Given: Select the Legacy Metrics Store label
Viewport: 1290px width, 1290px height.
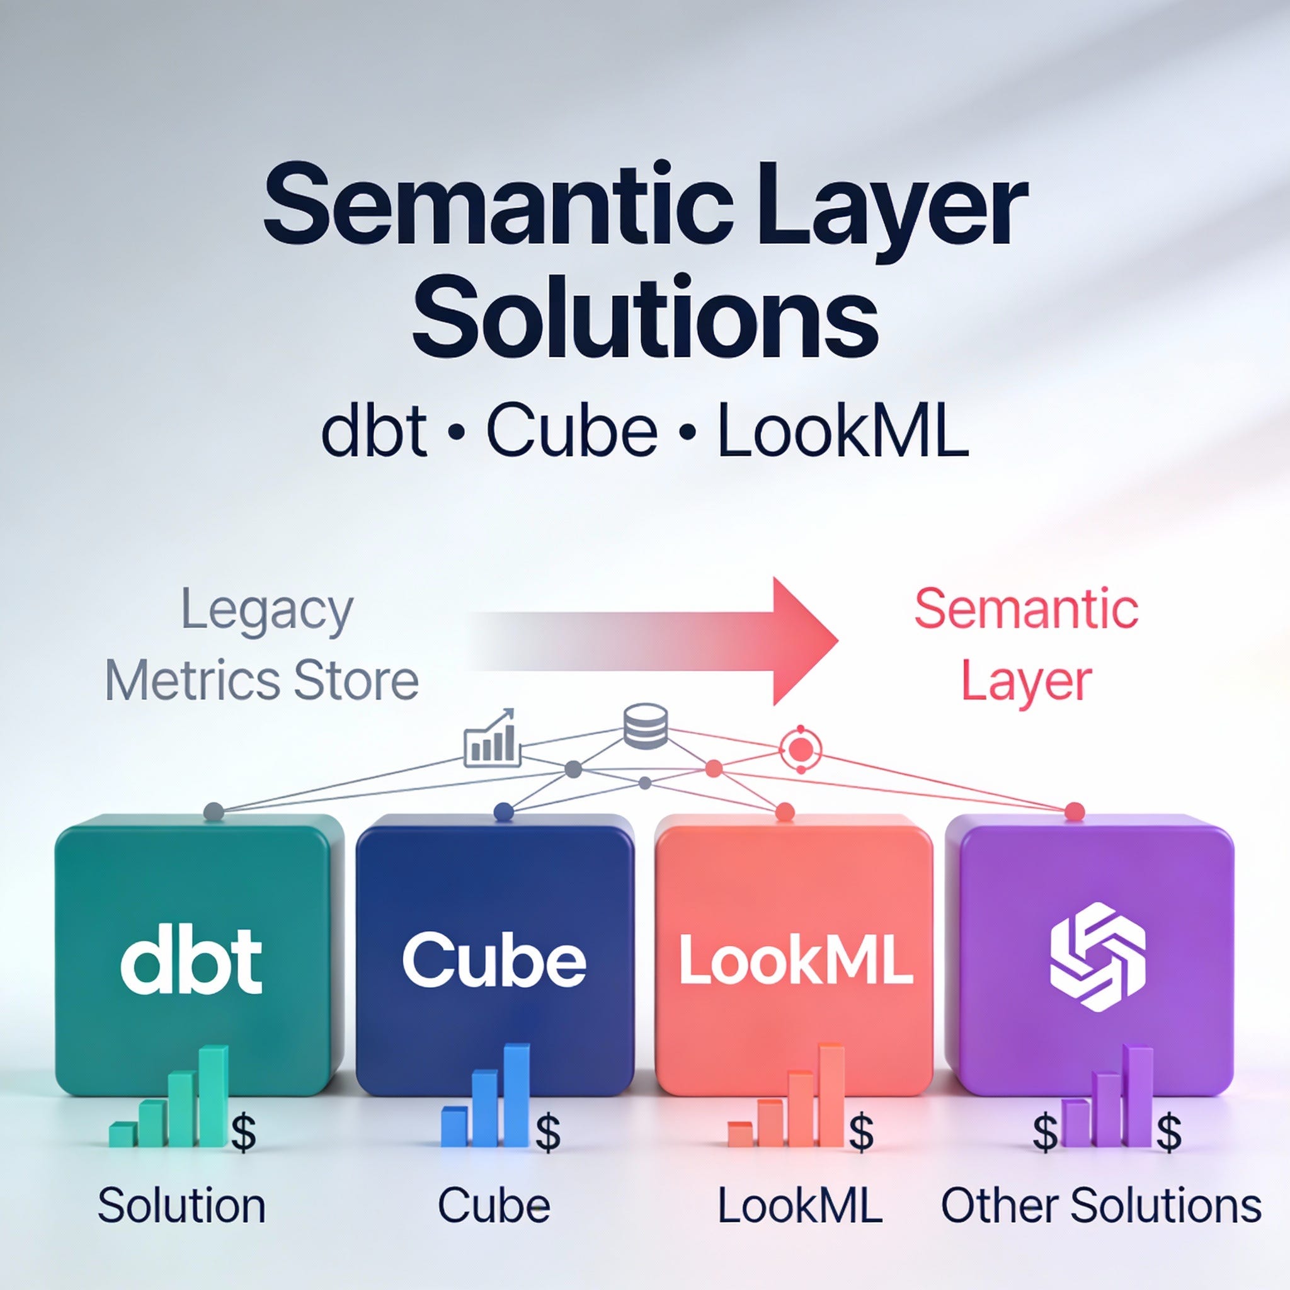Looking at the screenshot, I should pos(263,646).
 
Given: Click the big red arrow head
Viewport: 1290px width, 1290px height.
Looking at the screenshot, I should pos(804,641).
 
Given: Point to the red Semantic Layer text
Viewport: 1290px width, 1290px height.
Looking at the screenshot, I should pos(1026,645).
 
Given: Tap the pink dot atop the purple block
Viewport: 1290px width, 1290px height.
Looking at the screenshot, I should pos(1074,811).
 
